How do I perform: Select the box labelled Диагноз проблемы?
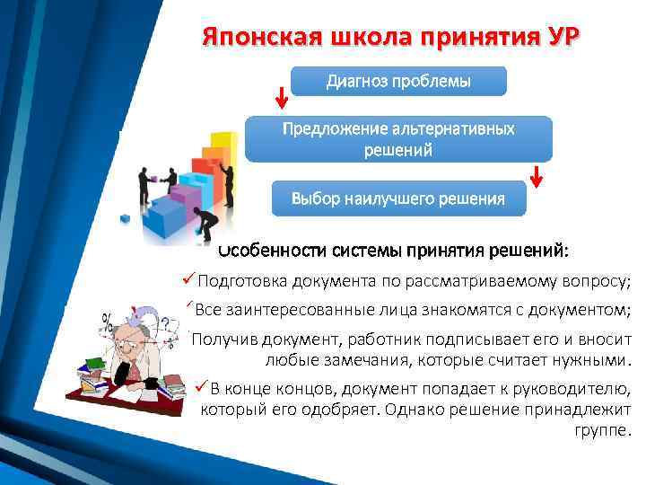398,82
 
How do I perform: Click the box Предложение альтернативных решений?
398,138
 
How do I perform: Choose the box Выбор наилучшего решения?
398,198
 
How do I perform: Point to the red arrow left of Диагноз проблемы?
282,94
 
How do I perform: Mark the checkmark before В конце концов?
201,387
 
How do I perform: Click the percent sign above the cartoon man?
108,319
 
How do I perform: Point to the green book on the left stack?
92,365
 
